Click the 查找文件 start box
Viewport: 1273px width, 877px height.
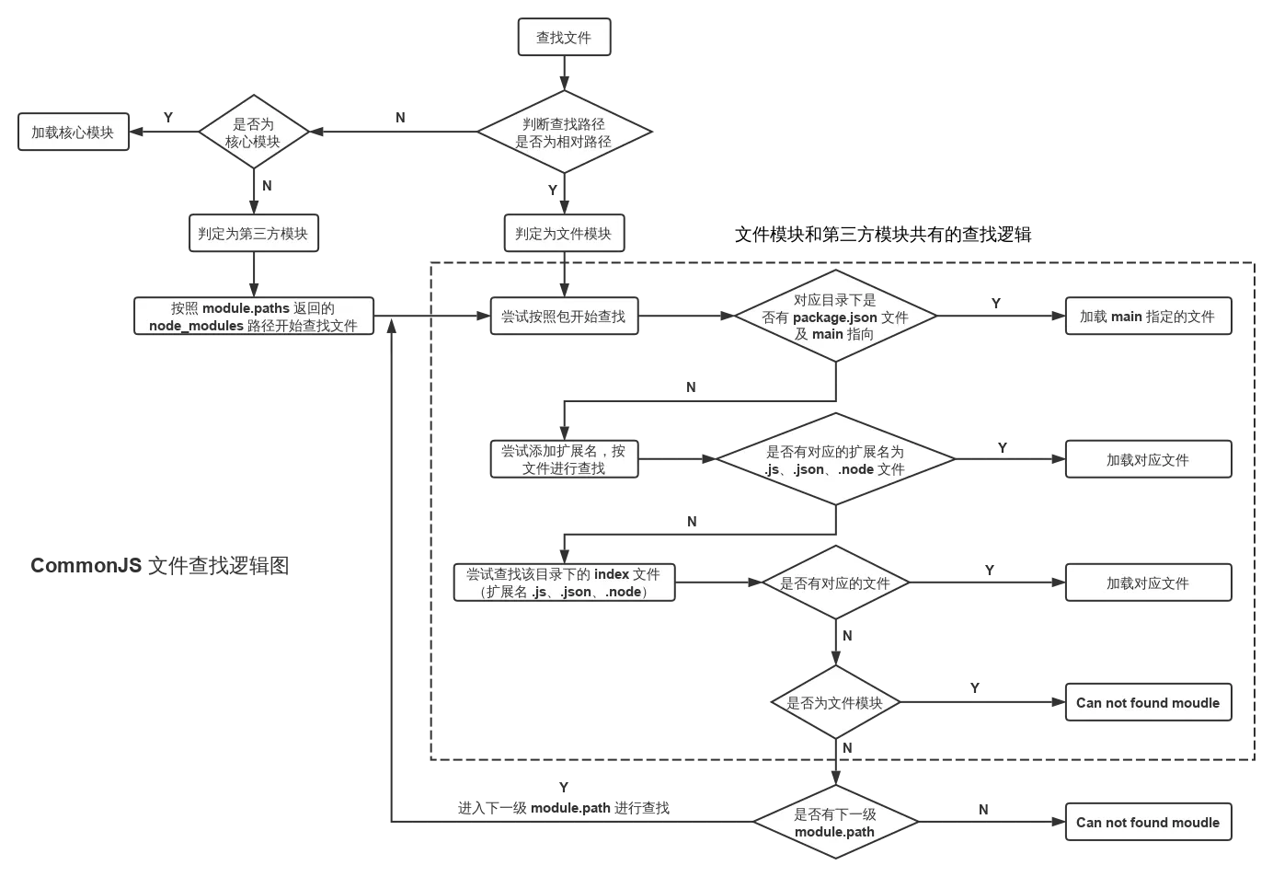coord(565,37)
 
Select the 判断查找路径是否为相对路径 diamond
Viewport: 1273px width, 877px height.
coord(565,132)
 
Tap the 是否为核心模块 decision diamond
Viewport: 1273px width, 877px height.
coord(254,132)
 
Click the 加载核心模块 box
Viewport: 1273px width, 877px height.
coord(74,132)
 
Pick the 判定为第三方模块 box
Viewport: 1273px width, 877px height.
coord(254,233)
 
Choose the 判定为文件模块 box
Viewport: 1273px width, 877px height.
coord(565,233)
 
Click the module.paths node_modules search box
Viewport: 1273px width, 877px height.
coord(254,317)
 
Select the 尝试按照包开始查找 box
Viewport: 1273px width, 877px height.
coord(565,317)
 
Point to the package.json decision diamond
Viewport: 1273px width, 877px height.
coord(835,317)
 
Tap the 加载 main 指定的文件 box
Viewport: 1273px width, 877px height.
coord(1149,317)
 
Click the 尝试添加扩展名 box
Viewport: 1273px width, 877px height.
coord(565,459)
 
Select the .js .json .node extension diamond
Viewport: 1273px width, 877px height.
coord(835,459)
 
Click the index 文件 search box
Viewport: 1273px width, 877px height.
coord(565,583)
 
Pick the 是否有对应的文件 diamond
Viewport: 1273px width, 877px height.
coord(835,583)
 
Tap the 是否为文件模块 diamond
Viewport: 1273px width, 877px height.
coord(835,702)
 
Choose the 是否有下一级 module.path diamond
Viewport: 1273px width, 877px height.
coord(835,822)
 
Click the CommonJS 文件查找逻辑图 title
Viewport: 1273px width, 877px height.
coord(160,565)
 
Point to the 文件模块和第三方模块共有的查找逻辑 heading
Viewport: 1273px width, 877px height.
coord(883,235)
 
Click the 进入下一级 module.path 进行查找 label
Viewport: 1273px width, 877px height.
coord(564,808)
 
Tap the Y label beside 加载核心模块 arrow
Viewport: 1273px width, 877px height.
coord(168,118)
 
